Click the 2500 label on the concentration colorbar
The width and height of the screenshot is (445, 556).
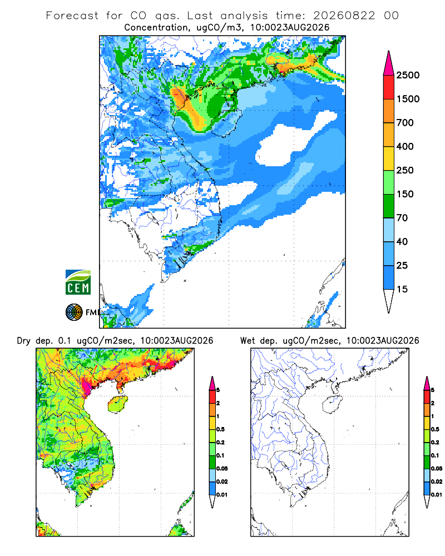coord(408,75)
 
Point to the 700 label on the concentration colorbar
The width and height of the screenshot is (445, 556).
coord(405,123)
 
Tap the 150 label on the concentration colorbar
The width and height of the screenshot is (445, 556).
coord(405,194)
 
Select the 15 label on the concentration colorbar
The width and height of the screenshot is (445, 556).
coord(402,289)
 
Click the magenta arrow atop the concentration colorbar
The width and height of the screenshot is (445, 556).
coord(389,64)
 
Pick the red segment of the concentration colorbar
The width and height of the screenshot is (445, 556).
coord(389,87)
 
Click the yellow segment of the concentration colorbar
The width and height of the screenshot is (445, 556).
coord(389,158)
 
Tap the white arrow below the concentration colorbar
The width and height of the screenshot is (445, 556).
coord(389,301)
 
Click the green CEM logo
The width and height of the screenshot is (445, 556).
coord(78,282)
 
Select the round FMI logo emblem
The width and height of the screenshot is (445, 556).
coord(74,312)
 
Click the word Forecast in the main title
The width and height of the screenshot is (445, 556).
coord(72,16)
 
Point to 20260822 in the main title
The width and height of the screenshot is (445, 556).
coord(344,16)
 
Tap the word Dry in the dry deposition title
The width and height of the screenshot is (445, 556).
coord(24,341)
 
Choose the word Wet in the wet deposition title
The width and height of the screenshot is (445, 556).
coord(248,340)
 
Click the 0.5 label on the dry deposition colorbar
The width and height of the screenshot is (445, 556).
coord(220,429)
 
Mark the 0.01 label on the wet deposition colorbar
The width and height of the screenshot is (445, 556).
coord(437,495)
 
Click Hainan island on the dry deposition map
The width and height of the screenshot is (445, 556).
coord(118,404)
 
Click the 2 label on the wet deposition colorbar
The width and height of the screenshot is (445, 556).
coord(433,403)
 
